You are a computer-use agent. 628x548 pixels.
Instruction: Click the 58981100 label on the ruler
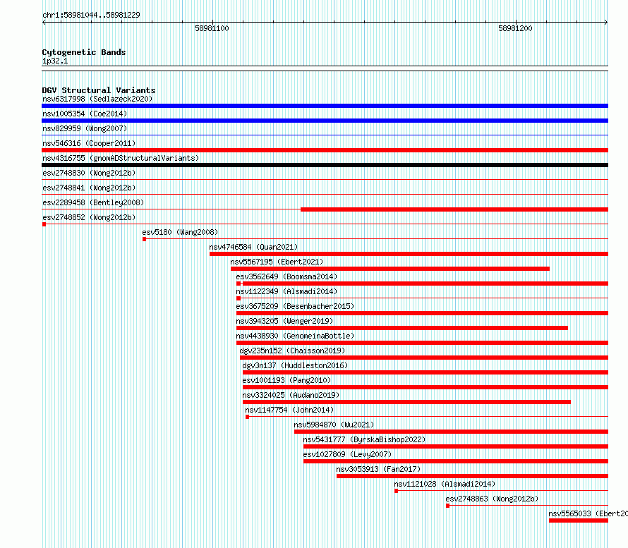tap(212, 28)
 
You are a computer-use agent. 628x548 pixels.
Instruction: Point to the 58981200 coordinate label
tap(515, 28)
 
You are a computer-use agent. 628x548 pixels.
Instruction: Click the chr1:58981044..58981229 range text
tap(91, 16)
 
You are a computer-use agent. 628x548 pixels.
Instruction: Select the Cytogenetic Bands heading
tap(84, 52)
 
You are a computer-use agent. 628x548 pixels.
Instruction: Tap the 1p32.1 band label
tap(55, 61)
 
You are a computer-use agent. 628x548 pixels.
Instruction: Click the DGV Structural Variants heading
tap(99, 90)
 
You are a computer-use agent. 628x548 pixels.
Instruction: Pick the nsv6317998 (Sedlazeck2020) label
tap(97, 99)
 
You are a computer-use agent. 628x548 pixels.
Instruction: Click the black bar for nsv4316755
tap(325, 165)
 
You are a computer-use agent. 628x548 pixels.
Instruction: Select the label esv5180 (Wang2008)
tap(180, 232)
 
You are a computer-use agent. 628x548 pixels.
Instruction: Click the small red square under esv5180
tap(144, 239)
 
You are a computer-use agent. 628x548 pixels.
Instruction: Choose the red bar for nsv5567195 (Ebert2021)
tap(390, 269)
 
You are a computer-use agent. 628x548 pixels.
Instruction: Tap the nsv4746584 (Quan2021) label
tap(253, 247)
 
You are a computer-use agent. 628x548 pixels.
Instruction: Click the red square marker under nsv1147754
tap(247, 417)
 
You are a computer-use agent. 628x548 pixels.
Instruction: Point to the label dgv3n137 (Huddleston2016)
tap(295, 365)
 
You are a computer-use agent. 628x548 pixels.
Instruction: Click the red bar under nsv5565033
tap(579, 520)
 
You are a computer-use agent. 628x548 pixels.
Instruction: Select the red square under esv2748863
tap(448, 506)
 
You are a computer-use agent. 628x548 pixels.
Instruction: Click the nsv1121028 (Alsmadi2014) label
tap(445, 484)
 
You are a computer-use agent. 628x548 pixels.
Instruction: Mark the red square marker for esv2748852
tap(44, 224)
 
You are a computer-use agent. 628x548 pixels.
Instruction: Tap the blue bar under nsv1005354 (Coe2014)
tap(325, 121)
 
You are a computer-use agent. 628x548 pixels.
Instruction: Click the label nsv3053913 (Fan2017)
tap(378, 469)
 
